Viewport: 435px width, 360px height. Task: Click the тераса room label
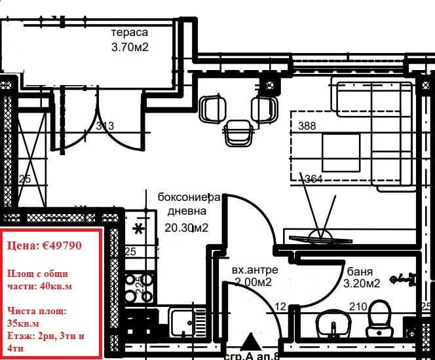click(x=130, y=32)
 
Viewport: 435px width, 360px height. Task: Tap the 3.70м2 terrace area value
click(x=132, y=46)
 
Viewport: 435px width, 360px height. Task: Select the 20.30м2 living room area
click(x=187, y=228)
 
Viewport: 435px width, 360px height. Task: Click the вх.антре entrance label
click(x=255, y=270)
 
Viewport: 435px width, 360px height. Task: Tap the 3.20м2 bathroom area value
click(x=361, y=283)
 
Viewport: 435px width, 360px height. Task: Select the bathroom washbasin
click(x=330, y=323)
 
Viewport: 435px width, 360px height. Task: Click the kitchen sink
click(x=183, y=323)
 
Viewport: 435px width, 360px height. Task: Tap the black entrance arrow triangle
click(x=250, y=342)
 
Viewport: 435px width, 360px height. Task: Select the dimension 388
click(x=307, y=126)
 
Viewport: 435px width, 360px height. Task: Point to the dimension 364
click(x=314, y=178)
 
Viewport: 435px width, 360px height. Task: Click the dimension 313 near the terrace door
click(x=105, y=126)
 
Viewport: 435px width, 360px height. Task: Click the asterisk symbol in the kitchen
click(x=138, y=228)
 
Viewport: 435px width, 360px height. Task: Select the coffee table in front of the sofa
click(x=341, y=152)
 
